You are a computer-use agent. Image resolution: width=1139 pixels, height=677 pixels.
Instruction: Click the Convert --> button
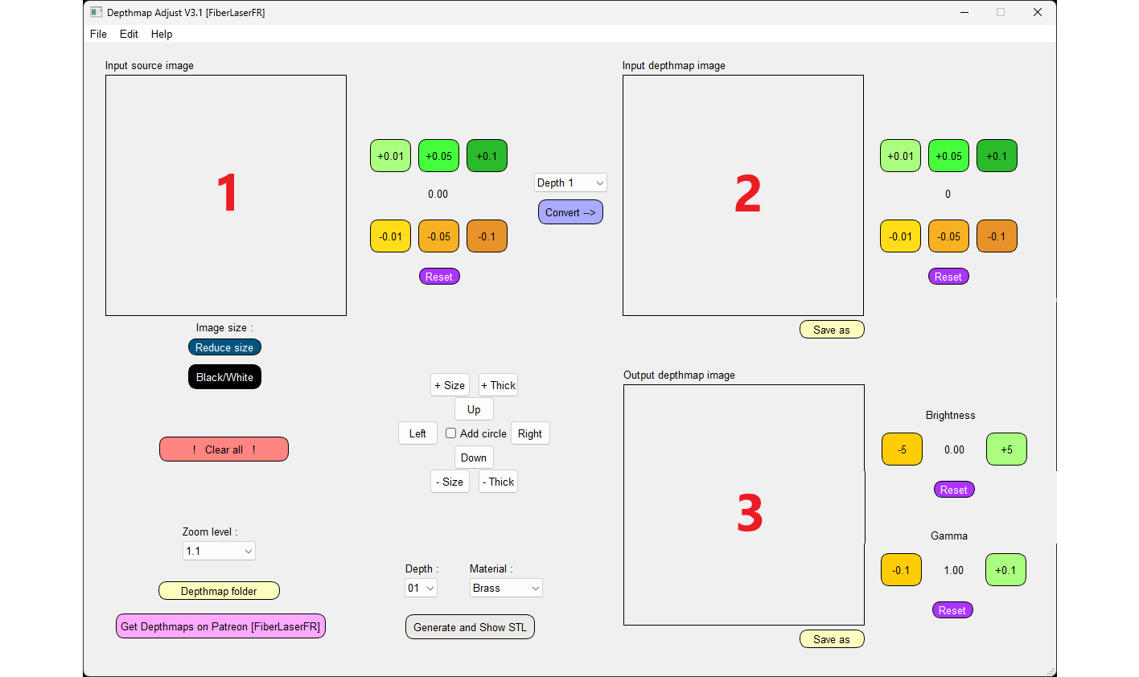570,212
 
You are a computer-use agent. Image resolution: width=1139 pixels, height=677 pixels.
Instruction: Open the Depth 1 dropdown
570,183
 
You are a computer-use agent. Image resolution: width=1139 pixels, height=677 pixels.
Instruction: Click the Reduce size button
224,347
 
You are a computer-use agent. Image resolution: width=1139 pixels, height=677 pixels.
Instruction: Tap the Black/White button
224,376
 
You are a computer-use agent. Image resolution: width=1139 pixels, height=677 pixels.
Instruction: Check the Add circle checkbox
450,433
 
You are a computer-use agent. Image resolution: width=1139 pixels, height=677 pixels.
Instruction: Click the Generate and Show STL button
470,626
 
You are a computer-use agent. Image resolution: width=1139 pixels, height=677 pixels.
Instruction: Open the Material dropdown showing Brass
506,588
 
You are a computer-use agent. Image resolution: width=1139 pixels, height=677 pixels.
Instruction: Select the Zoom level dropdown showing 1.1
219,551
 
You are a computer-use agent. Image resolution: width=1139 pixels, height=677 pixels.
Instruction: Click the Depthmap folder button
219,591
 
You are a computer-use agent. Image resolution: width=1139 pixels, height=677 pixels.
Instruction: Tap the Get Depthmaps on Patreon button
220,626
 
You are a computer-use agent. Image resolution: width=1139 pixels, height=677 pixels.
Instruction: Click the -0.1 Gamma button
901,570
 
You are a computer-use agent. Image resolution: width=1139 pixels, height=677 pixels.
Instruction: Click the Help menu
162,34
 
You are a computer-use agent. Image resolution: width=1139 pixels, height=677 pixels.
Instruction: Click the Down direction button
474,457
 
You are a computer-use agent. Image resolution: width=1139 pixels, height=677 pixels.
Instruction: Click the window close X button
1038,12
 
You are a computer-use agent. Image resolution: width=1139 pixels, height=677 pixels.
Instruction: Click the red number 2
747,194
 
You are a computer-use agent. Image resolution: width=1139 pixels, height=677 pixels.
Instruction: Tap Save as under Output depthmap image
832,639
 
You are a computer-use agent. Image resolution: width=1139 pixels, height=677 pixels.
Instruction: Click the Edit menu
129,34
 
